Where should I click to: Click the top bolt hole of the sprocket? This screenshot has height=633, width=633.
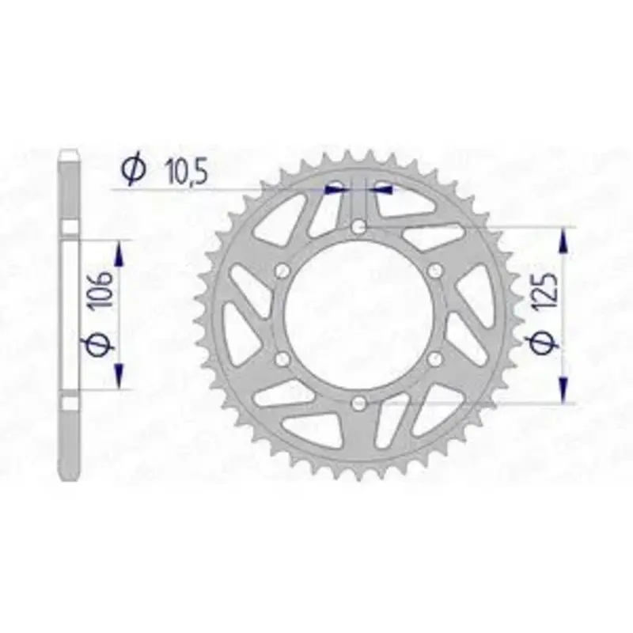click(358, 227)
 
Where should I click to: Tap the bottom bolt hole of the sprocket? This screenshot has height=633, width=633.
click(358, 403)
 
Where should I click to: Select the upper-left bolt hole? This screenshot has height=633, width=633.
click(282, 271)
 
